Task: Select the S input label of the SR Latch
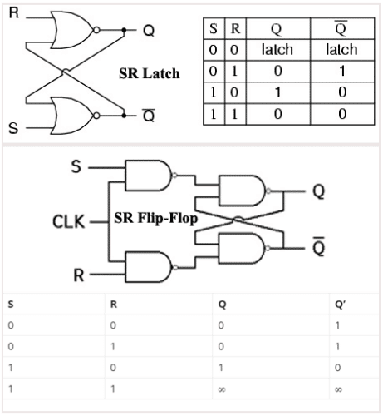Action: click(12, 130)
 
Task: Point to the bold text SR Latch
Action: click(149, 74)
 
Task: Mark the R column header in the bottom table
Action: click(114, 304)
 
